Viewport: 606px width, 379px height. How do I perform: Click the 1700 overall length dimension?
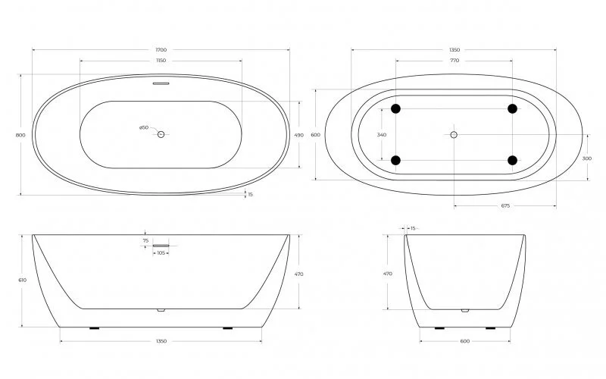pos(161,50)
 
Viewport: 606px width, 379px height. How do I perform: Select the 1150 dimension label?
pos(161,60)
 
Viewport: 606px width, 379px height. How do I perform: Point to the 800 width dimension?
pos(20,135)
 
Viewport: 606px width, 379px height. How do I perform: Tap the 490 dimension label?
pos(298,135)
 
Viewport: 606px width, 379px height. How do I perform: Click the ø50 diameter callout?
pos(144,127)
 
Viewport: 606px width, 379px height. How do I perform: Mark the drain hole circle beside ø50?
pos(161,134)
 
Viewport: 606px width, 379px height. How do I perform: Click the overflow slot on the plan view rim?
pos(161,83)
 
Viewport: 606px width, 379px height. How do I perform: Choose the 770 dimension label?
pos(454,60)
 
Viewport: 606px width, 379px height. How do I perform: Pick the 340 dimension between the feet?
pos(381,135)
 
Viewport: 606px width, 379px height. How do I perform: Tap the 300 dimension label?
pos(587,158)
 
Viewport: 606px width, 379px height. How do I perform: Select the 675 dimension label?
pos(505,205)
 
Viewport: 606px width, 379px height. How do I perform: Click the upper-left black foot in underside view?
pos(395,109)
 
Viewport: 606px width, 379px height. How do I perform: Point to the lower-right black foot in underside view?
pos(512,160)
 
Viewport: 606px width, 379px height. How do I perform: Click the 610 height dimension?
pos(22,280)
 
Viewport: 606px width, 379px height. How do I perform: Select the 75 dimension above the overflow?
pos(145,240)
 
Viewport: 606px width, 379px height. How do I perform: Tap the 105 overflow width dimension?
pos(161,252)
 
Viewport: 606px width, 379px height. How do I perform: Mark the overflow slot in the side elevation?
pos(161,246)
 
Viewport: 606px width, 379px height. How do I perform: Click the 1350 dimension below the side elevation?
pos(161,342)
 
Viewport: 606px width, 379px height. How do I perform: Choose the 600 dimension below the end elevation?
pos(464,342)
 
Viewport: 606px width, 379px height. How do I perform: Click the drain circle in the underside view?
pos(454,134)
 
